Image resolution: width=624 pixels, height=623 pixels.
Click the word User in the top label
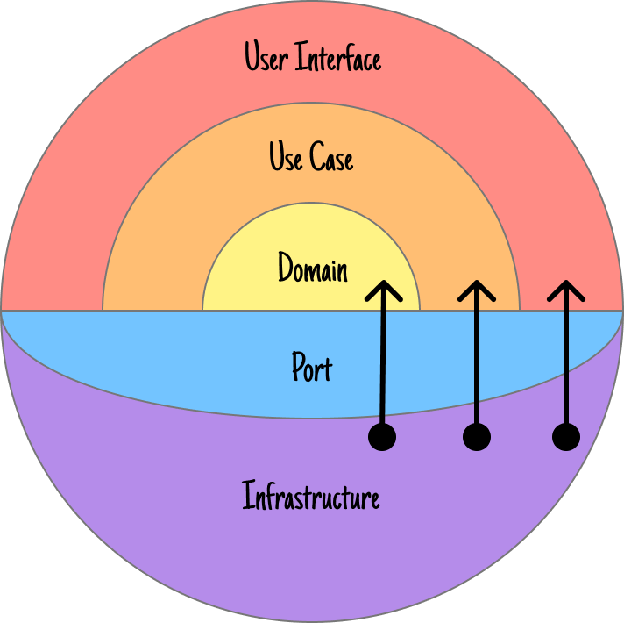click(267, 58)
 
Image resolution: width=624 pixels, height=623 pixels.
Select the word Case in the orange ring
click(333, 158)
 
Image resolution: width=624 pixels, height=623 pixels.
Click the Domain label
click(312, 269)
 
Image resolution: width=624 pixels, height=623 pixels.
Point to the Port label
click(312, 367)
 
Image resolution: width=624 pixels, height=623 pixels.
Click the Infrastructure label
click(311, 498)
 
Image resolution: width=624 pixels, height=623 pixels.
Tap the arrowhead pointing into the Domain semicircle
click(384, 289)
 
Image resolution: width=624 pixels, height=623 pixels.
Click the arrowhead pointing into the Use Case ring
click(476, 289)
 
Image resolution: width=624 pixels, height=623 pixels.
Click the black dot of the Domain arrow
click(382, 436)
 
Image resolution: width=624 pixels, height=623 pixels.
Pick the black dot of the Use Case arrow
click(476, 436)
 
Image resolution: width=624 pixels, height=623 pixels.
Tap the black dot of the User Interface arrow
click(566, 436)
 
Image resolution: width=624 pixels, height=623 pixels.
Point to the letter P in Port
click(298, 367)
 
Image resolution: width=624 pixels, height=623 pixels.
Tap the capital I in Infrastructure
click(247, 497)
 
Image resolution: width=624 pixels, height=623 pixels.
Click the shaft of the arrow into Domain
click(383, 369)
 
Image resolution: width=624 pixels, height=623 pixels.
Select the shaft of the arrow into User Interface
click(566, 369)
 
